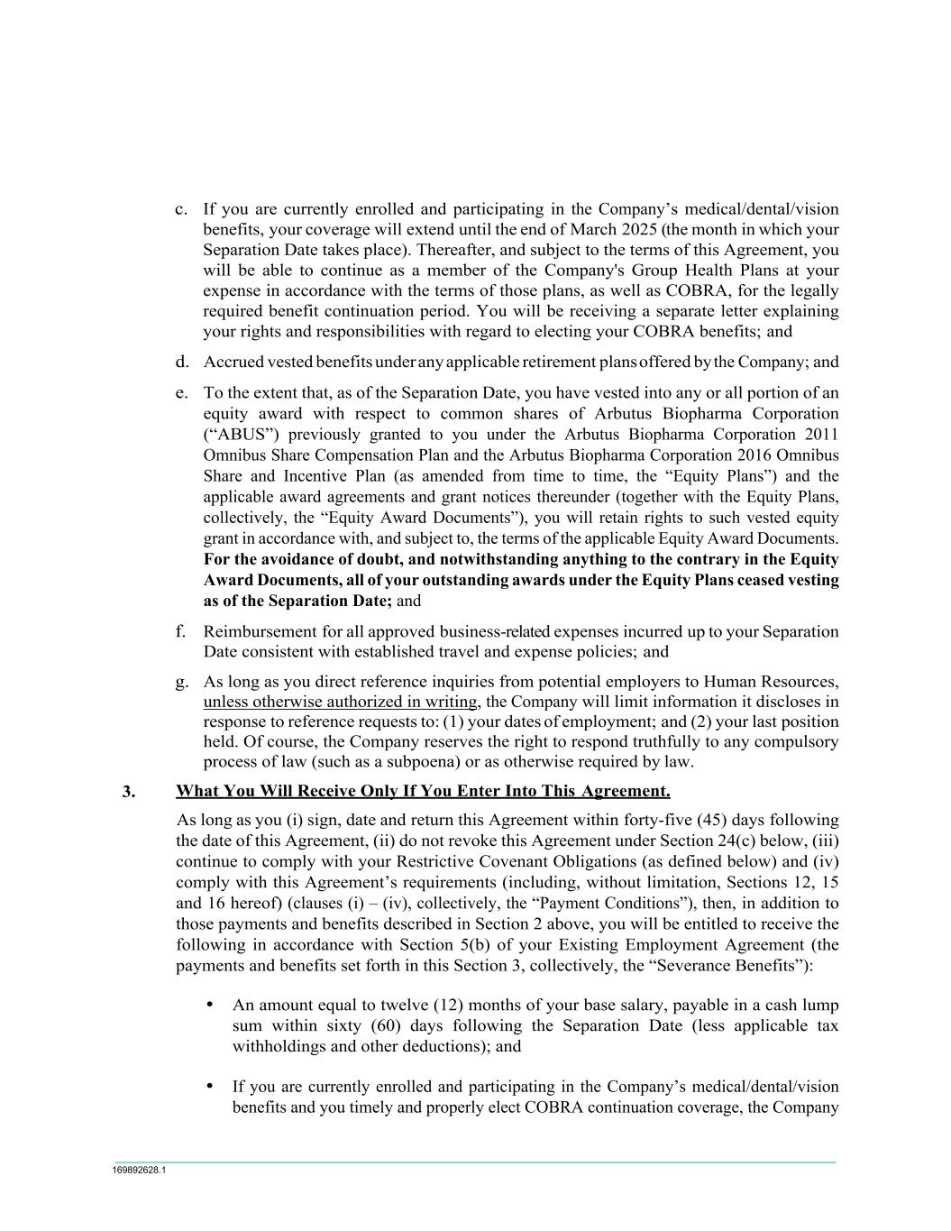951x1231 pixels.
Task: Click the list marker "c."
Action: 181,209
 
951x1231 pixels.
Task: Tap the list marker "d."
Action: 181,363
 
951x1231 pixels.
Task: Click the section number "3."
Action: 129,792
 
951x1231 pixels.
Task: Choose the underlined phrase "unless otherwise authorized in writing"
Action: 340,702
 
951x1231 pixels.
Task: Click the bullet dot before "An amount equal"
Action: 210,1004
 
